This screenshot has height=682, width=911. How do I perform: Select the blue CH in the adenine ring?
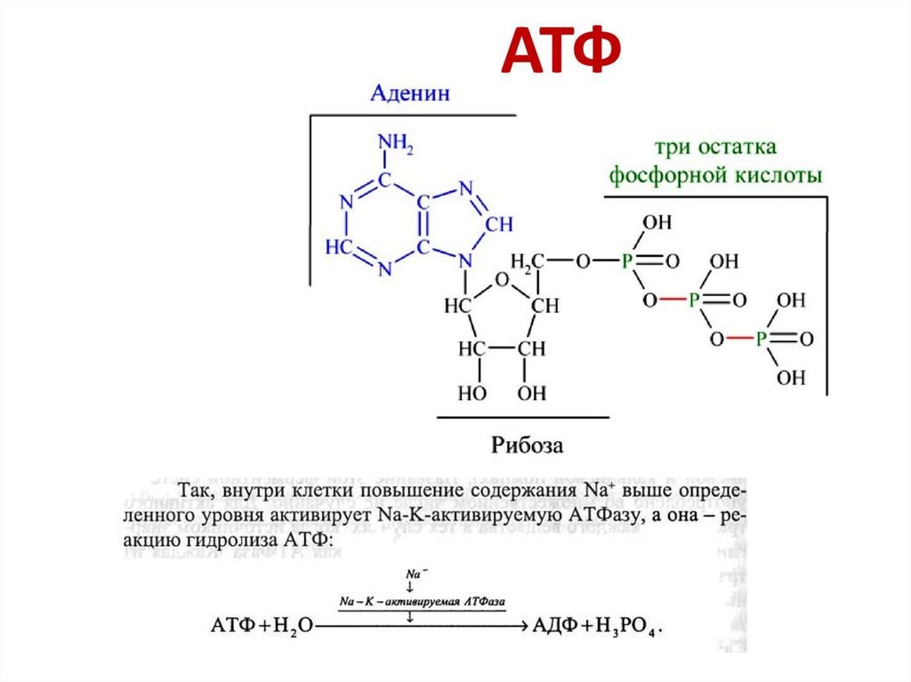[x=499, y=223]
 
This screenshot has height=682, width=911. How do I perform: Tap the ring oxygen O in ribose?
[x=502, y=281]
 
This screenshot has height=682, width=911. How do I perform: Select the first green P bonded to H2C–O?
[x=627, y=261]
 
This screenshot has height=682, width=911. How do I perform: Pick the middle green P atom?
[x=695, y=301]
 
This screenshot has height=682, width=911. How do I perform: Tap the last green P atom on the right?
[x=762, y=339]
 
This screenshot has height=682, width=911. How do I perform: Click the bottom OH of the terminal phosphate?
[x=790, y=378]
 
